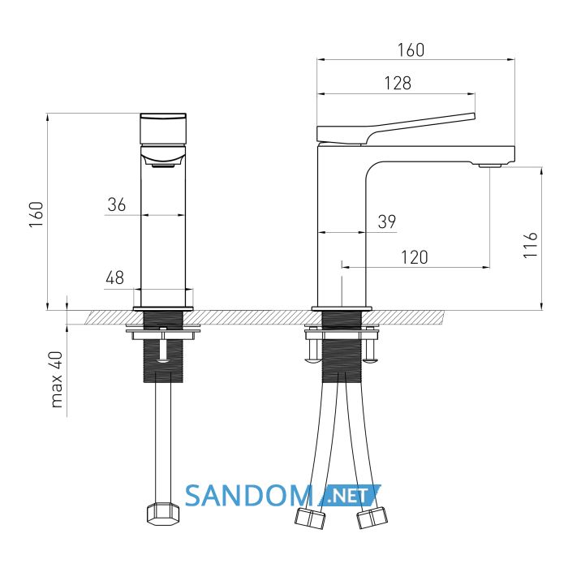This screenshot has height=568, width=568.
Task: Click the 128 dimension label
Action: click(398, 83)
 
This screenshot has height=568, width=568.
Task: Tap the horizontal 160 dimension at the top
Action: click(411, 50)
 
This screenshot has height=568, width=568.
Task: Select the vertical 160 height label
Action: click(37, 214)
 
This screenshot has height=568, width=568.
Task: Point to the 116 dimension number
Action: click(530, 245)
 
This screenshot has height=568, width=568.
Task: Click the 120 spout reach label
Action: click(415, 257)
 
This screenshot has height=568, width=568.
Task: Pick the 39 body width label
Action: click(387, 222)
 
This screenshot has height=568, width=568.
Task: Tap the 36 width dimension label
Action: click(116, 204)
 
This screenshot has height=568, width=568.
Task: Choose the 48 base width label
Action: click(115, 278)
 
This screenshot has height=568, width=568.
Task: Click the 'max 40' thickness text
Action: click(57, 380)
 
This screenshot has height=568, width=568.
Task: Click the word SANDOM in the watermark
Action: click(249, 496)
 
